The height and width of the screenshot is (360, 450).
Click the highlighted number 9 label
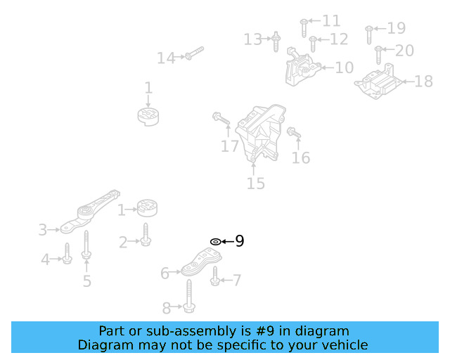click(240, 241)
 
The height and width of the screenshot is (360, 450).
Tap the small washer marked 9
click(215, 242)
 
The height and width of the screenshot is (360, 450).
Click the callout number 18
click(423, 82)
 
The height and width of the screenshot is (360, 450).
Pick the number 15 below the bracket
click(256, 184)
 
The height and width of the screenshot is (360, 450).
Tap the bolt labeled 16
click(294, 132)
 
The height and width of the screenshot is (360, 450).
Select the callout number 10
click(344, 68)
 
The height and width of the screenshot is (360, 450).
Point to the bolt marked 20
click(379, 54)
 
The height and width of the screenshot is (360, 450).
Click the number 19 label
click(397, 28)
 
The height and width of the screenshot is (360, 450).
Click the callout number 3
click(42, 230)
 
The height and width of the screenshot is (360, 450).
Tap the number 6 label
click(165, 273)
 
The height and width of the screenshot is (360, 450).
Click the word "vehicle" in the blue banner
click(344, 345)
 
